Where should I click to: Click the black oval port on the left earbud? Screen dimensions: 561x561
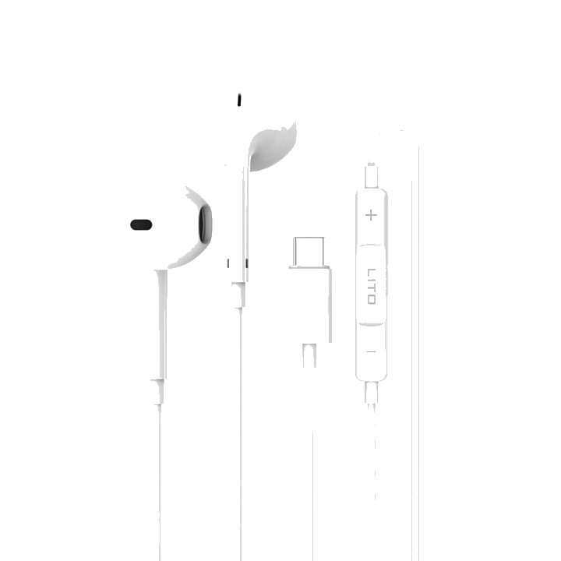click(x=141, y=224)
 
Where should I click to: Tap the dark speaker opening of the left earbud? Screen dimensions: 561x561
click(x=205, y=224)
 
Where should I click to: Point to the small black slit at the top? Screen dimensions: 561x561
click(x=239, y=100)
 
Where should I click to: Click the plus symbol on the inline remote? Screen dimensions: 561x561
click(x=371, y=215)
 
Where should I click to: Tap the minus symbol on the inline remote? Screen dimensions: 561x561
click(x=371, y=351)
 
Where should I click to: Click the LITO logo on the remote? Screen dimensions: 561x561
click(x=372, y=286)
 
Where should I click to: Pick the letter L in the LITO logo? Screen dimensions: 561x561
click(x=372, y=272)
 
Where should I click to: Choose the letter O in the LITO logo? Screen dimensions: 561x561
click(x=372, y=299)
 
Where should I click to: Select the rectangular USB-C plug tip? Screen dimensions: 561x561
click(x=309, y=251)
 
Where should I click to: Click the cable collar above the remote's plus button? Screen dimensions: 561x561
click(x=372, y=175)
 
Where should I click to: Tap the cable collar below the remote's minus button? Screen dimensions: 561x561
click(x=372, y=392)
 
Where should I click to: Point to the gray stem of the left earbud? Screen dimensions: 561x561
click(x=162, y=324)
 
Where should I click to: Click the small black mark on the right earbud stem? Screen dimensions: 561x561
click(x=246, y=263)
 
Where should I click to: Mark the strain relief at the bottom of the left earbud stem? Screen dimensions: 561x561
click(x=158, y=391)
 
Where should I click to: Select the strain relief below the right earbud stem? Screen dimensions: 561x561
click(x=239, y=295)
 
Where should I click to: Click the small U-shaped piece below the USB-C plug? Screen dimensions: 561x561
click(x=309, y=355)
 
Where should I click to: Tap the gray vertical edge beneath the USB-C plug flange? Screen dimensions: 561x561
click(x=330, y=305)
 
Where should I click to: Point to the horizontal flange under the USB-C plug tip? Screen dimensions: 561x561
click(x=309, y=266)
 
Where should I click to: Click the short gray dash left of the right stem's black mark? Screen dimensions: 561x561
click(x=228, y=263)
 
